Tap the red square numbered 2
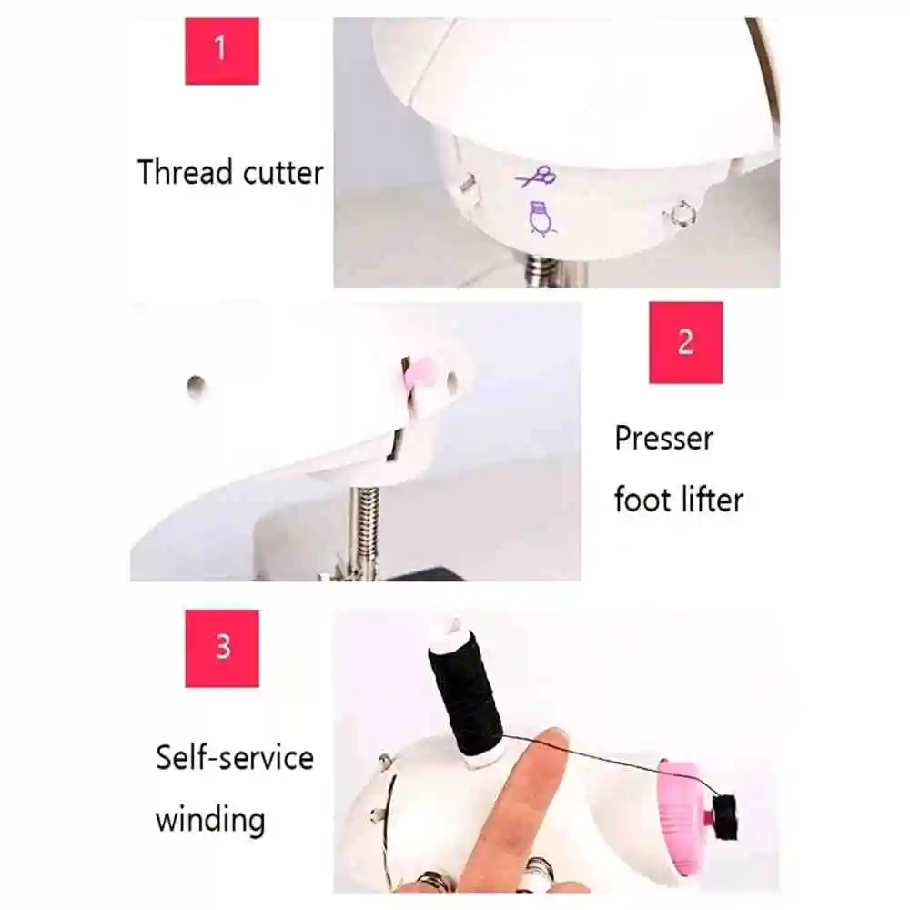tap(685, 342)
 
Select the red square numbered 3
tap(222, 648)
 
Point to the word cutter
tap(283, 173)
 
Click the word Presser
tap(663, 439)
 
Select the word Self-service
tap(234, 757)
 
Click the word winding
tap(210, 818)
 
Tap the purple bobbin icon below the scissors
tap(541, 218)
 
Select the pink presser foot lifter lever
tap(419, 373)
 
